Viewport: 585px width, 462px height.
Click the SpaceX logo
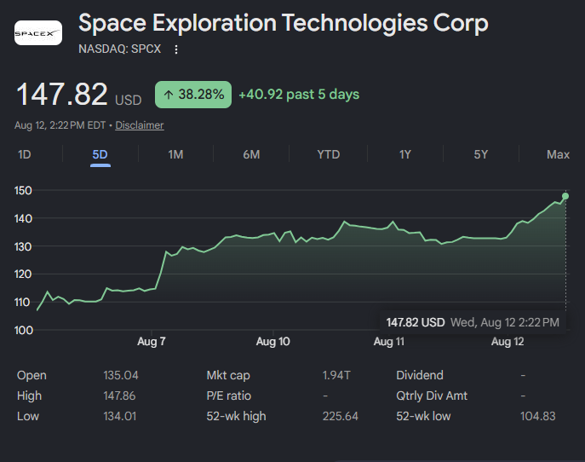38,33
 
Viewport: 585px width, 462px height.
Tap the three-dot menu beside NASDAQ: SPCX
176,49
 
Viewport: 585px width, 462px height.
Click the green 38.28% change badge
193,95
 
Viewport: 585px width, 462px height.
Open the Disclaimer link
140,125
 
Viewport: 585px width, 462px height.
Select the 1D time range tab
25,154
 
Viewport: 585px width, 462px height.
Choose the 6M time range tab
251,154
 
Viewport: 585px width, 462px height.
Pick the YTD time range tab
329,154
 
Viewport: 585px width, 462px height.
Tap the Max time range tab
558,154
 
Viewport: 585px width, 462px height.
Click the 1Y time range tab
405,154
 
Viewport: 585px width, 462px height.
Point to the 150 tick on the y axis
23,190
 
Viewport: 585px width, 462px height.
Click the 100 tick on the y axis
24,330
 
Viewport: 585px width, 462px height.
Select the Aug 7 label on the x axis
151,341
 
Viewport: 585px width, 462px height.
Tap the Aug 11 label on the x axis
389,341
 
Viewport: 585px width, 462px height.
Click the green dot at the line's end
565,196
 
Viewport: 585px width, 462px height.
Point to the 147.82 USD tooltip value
416,322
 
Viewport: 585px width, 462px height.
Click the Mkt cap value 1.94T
336,375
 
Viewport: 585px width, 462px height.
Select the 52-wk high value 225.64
341,416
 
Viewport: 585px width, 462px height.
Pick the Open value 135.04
121,375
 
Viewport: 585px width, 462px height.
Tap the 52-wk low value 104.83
538,416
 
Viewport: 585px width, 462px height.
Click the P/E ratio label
229,396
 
